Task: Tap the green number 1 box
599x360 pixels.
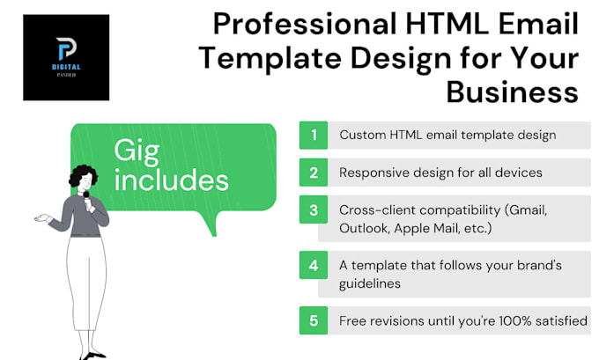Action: [x=313, y=136]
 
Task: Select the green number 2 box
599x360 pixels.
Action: [x=313, y=173]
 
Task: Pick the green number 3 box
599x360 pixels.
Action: [x=313, y=211]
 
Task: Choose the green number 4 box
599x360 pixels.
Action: [x=313, y=264]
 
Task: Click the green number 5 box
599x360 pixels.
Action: [x=313, y=320]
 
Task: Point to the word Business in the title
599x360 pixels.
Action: [x=513, y=92]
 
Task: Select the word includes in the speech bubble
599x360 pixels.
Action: [x=171, y=180]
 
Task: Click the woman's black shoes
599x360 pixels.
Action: [x=95, y=354]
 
